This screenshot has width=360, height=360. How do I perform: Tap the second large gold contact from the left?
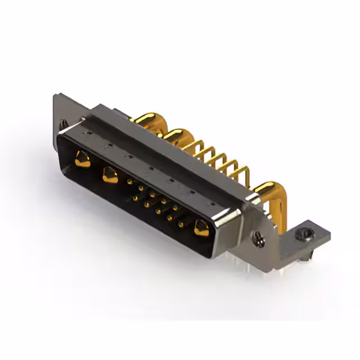pyautogui.click(x=109, y=174)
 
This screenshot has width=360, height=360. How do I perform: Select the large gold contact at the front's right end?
pyautogui.click(x=201, y=228)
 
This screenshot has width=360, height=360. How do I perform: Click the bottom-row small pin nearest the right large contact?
pyautogui.click(x=181, y=224)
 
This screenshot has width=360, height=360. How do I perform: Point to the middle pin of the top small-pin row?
pyautogui.click(x=152, y=195)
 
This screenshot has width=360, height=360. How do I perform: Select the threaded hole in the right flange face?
pyautogui.click(x=259, y=239)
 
